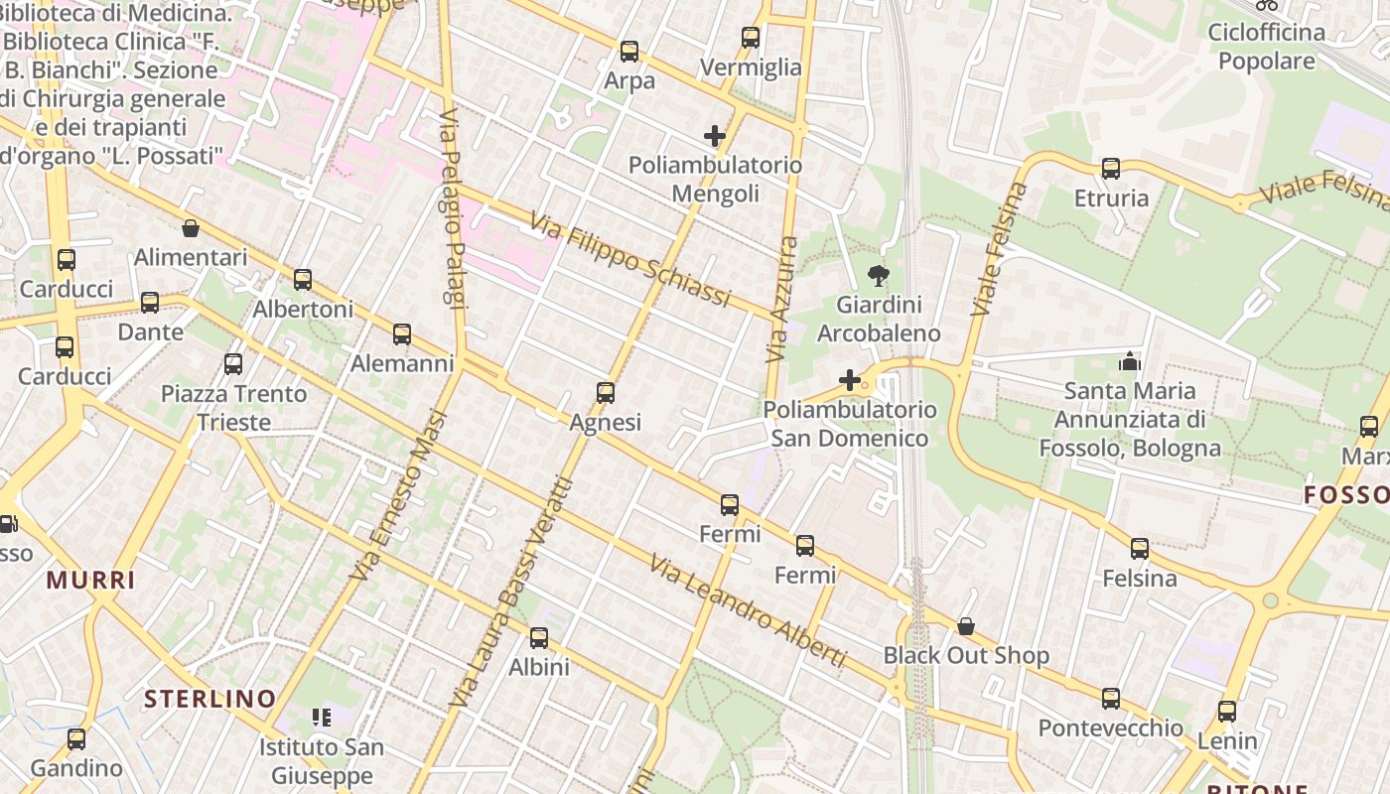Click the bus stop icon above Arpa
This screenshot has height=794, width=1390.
[628, 52]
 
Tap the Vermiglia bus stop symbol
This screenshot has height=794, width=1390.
[751, 38]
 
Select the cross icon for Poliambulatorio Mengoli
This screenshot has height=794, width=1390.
[714, 136]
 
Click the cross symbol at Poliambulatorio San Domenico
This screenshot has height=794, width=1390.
[849, 380]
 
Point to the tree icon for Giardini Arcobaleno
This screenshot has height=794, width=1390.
[878, 276]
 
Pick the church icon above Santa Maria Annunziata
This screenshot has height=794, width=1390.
[1129, 362]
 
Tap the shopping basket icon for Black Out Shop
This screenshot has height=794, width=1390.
[965, 626]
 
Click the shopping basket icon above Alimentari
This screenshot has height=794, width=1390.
[190, 229]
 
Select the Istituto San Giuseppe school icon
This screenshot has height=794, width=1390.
[321, 717]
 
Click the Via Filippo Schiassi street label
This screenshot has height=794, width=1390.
[630, 259]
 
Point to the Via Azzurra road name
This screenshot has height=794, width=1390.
[782, 299]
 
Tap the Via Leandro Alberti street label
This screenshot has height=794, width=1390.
[749, 611]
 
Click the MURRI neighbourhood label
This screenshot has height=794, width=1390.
[90, 581]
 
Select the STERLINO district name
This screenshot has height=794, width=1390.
[209, 699]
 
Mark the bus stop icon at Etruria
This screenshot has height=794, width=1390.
[1110, 169]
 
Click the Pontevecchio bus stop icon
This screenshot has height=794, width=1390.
[1110, 699]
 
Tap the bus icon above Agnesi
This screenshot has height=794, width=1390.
[606, 393]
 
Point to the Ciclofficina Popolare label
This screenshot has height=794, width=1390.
[1266, 47]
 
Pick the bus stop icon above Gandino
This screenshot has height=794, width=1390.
[76, 739]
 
